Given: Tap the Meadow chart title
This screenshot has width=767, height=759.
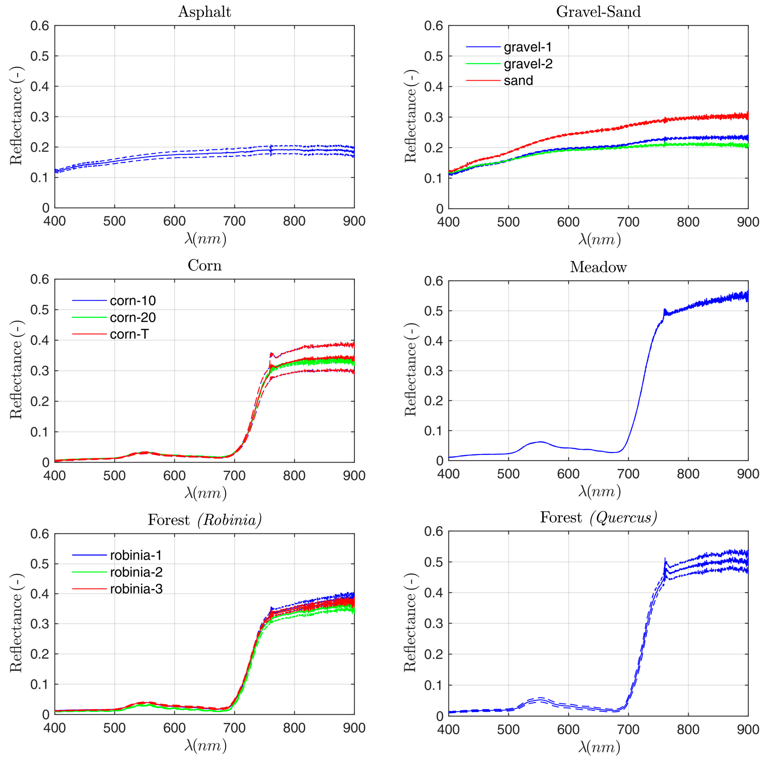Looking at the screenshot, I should [598, 267].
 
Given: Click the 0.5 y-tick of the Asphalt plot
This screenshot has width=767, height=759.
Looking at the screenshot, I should [40, 56].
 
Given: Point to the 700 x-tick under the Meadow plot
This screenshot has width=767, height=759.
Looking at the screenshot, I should [629, 474].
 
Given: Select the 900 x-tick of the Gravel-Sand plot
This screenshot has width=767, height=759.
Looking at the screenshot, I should [748, 222].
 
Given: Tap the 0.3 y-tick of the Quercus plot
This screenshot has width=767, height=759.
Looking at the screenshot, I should [433, 624].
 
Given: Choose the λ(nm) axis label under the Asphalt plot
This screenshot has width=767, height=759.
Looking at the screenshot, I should [205, 238].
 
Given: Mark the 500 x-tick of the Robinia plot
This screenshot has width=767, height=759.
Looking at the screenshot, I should [114, 728].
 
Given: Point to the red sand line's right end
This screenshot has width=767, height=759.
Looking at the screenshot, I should [747, 116].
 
